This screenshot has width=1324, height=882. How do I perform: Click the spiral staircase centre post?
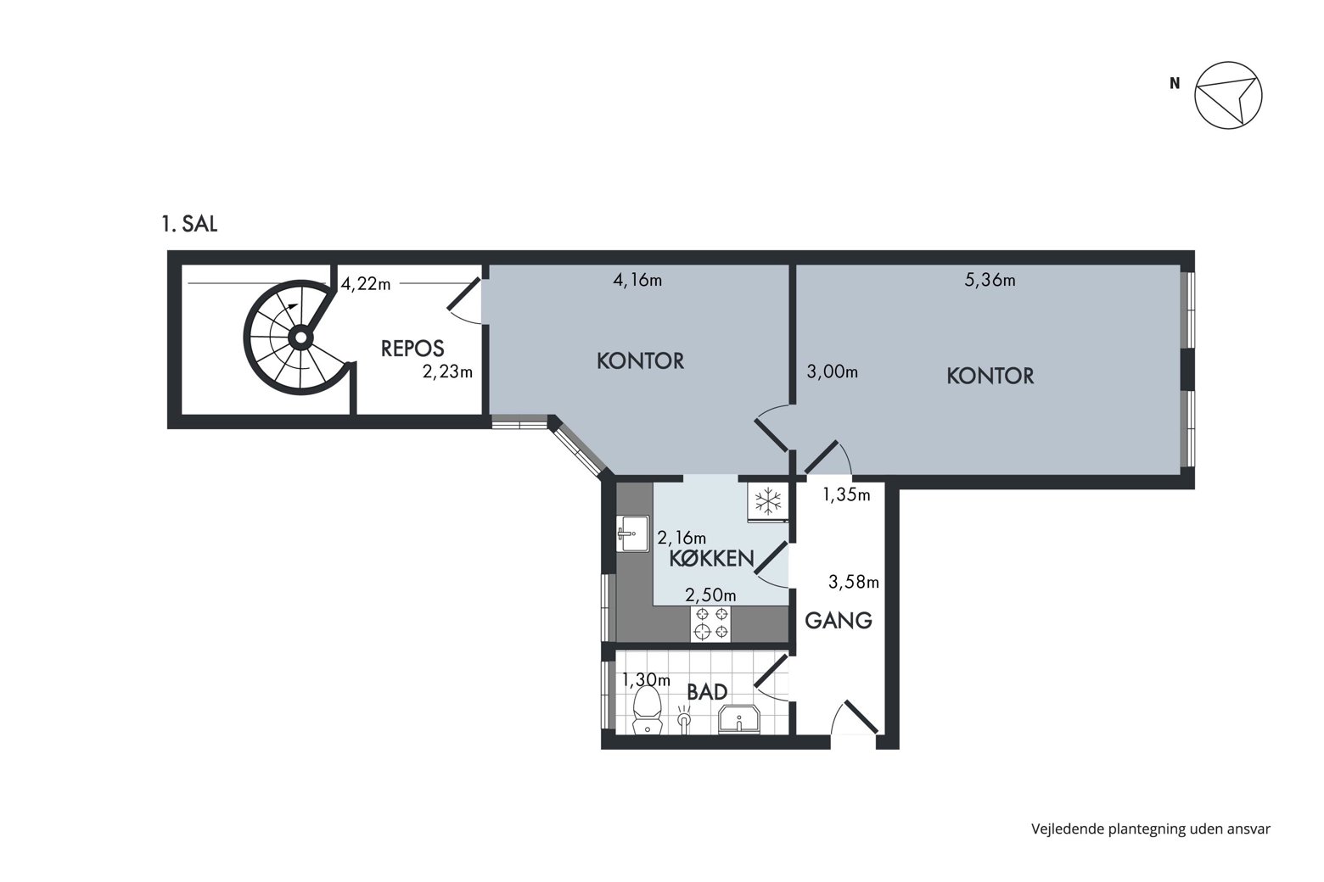(300, 338)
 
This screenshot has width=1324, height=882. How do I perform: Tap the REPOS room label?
(412, 349)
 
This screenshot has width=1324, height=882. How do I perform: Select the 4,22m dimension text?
(365, 284)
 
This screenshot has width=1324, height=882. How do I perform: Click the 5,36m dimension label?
(990, 280)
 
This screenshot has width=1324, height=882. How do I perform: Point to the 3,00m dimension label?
(833, 371)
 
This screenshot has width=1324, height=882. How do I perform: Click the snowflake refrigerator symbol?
(768, 501)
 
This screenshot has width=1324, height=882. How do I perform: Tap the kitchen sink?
(632, 533)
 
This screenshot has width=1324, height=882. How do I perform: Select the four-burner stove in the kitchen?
(710, 624)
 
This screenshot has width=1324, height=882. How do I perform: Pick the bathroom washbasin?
(739, 719)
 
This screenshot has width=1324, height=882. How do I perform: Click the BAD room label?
(707, 692)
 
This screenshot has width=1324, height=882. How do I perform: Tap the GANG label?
(839, 620)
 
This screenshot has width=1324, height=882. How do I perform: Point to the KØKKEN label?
(711, 558)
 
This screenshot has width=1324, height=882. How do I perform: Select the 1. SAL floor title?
(190, 225)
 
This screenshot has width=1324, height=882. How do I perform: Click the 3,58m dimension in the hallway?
(854, 583)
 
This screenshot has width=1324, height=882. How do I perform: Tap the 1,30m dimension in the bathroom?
(646, 680)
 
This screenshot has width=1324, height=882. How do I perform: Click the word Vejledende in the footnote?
(1068, 829)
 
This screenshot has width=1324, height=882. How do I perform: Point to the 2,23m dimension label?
(447, 371)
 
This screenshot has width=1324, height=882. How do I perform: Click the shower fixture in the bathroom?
(684, 719)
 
